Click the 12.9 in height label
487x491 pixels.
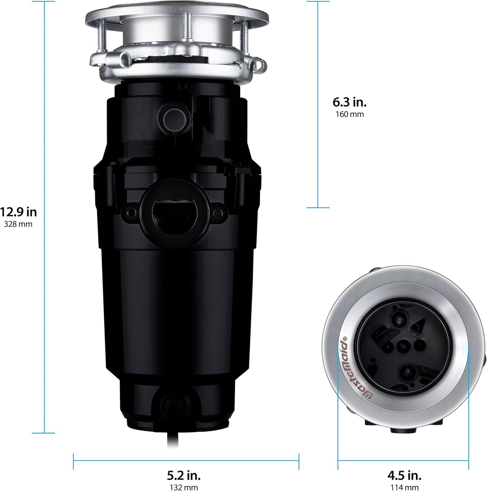pos(18,212)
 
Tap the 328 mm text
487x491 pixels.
pos(18,224)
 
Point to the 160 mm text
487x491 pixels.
pos(349,114)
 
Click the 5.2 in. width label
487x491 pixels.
pos(184,475)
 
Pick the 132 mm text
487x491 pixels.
pos(184,487)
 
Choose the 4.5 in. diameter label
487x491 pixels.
pos(404,475)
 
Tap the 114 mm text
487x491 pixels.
pos(404,487)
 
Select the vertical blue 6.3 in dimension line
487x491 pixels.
pos(318,101)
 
